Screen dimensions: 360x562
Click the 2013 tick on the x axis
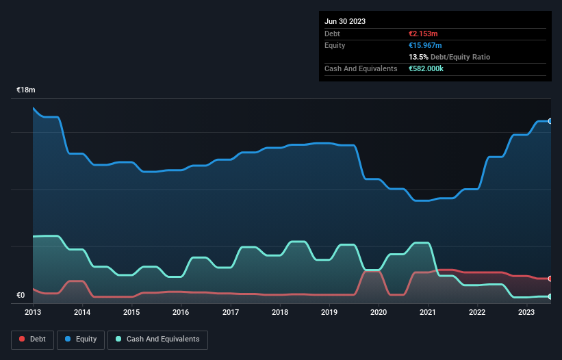(33, 312)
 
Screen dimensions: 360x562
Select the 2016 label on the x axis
(181, 312)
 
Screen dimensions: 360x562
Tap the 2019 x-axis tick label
(329, 312)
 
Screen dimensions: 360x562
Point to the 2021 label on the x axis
(428, 312)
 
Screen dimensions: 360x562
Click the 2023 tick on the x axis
(526, 312)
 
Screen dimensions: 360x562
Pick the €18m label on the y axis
(26, 90)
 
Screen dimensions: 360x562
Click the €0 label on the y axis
(21, 296)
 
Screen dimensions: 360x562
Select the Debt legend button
(33, 339)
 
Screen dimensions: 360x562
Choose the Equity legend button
(81, 339)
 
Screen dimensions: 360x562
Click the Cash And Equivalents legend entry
(157, 339)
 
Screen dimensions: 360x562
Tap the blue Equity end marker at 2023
(550, 121)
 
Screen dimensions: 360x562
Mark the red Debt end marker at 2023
(550, 279)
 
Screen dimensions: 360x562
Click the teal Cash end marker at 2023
(550, 296)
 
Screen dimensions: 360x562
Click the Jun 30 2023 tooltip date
(345, 21)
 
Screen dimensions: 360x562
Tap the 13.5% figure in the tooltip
(418, 57)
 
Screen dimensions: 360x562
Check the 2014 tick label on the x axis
(82, 312)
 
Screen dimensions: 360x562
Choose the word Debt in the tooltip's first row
(332, 34)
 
